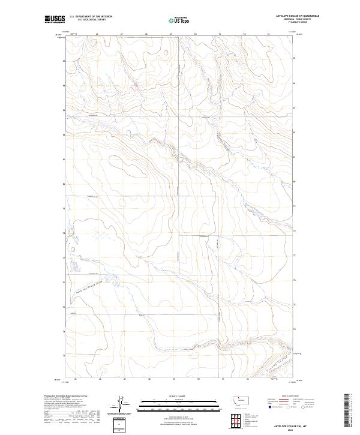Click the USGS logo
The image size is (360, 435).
55,19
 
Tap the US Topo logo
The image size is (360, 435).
179,20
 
